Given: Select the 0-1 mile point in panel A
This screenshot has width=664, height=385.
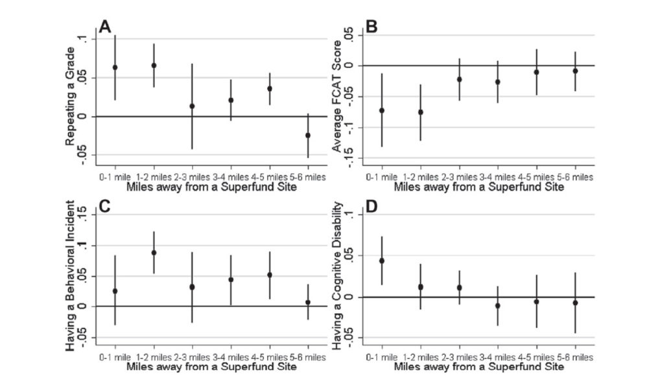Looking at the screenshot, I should pyautogui.click(x=115, y=67).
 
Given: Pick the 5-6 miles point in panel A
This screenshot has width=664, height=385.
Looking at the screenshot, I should pyautogui.click(x=307, y=135).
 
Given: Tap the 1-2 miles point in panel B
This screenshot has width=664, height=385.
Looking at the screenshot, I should pyautogui.click(x=420, y=112).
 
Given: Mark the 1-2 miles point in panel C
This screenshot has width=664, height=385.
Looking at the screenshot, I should pyautogui.click(x=154, y=253).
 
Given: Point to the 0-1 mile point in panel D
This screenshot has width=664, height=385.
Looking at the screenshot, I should pyautogui.click(x=382, y=261).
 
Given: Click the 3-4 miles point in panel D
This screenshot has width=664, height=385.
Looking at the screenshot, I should pyautogui.click(x=498, y=305).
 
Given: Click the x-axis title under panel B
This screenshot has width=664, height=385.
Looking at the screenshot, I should pyautogui.click(x=478, y=187).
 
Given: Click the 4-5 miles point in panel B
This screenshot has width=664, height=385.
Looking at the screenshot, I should pyautogui.click(x=536, y=72).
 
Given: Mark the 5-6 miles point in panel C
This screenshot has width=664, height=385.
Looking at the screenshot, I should pyautogui.click(x=307, y=302).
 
